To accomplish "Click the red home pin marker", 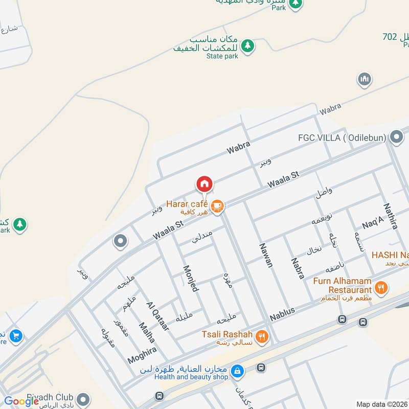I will (204, 184).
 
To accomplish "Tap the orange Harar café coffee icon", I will (217, 206).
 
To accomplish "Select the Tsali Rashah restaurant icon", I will (261, 336).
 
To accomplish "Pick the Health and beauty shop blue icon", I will (237, 371).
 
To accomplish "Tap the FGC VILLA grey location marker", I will (396, 137).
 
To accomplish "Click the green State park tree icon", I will (247, 46).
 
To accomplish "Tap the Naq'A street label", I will (373, 223).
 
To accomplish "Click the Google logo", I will (21, 401).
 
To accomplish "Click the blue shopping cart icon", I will (16, 336).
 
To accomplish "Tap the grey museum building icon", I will (364, 79).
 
